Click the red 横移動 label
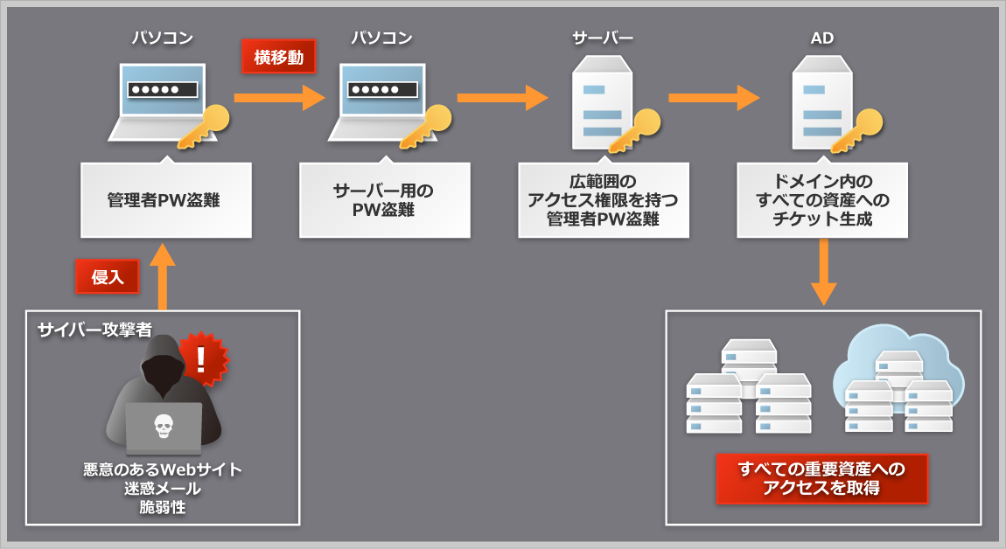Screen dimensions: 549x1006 (278, 57)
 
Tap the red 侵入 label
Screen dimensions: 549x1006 (107, 277)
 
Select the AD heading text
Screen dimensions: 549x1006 (821, 38)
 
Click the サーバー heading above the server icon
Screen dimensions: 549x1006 (602, 38)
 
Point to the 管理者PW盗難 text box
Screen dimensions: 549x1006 (166, 200)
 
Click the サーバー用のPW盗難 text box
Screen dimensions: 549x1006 (384, 200)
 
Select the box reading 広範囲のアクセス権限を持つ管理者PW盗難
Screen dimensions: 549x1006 (603, 200)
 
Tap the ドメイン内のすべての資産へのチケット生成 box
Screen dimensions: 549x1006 (821, 200)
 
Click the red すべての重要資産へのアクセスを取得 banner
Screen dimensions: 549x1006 (821, 478)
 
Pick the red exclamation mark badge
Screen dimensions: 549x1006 (202, 358)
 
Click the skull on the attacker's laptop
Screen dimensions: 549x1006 (163, 426)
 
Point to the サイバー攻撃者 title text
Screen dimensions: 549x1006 (94, 330)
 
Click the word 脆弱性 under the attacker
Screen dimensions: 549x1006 (163, 507)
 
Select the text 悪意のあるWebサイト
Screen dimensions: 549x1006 (163, 469)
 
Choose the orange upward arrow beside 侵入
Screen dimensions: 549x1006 (163, 275)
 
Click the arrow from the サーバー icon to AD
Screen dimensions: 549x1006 (714, 98)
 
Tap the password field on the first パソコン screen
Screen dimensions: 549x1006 (163, 89)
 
